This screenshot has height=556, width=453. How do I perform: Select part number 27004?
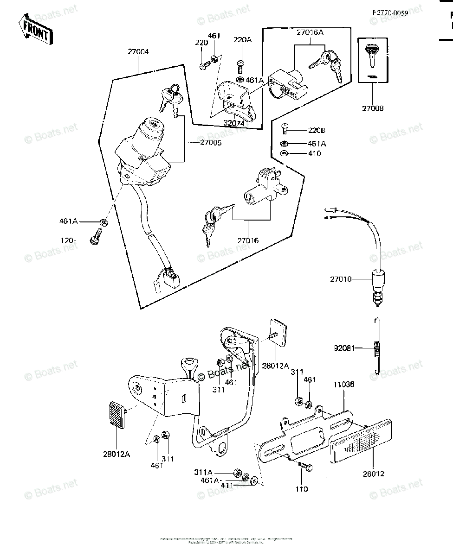(138, 52)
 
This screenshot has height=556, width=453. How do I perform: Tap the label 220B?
(317, 131)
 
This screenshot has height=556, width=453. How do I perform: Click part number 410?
(314, 153)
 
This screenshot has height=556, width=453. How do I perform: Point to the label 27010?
(341, 279)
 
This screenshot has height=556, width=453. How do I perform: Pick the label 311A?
(203, 472)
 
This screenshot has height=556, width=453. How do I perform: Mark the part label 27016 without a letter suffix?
(248, 241)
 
